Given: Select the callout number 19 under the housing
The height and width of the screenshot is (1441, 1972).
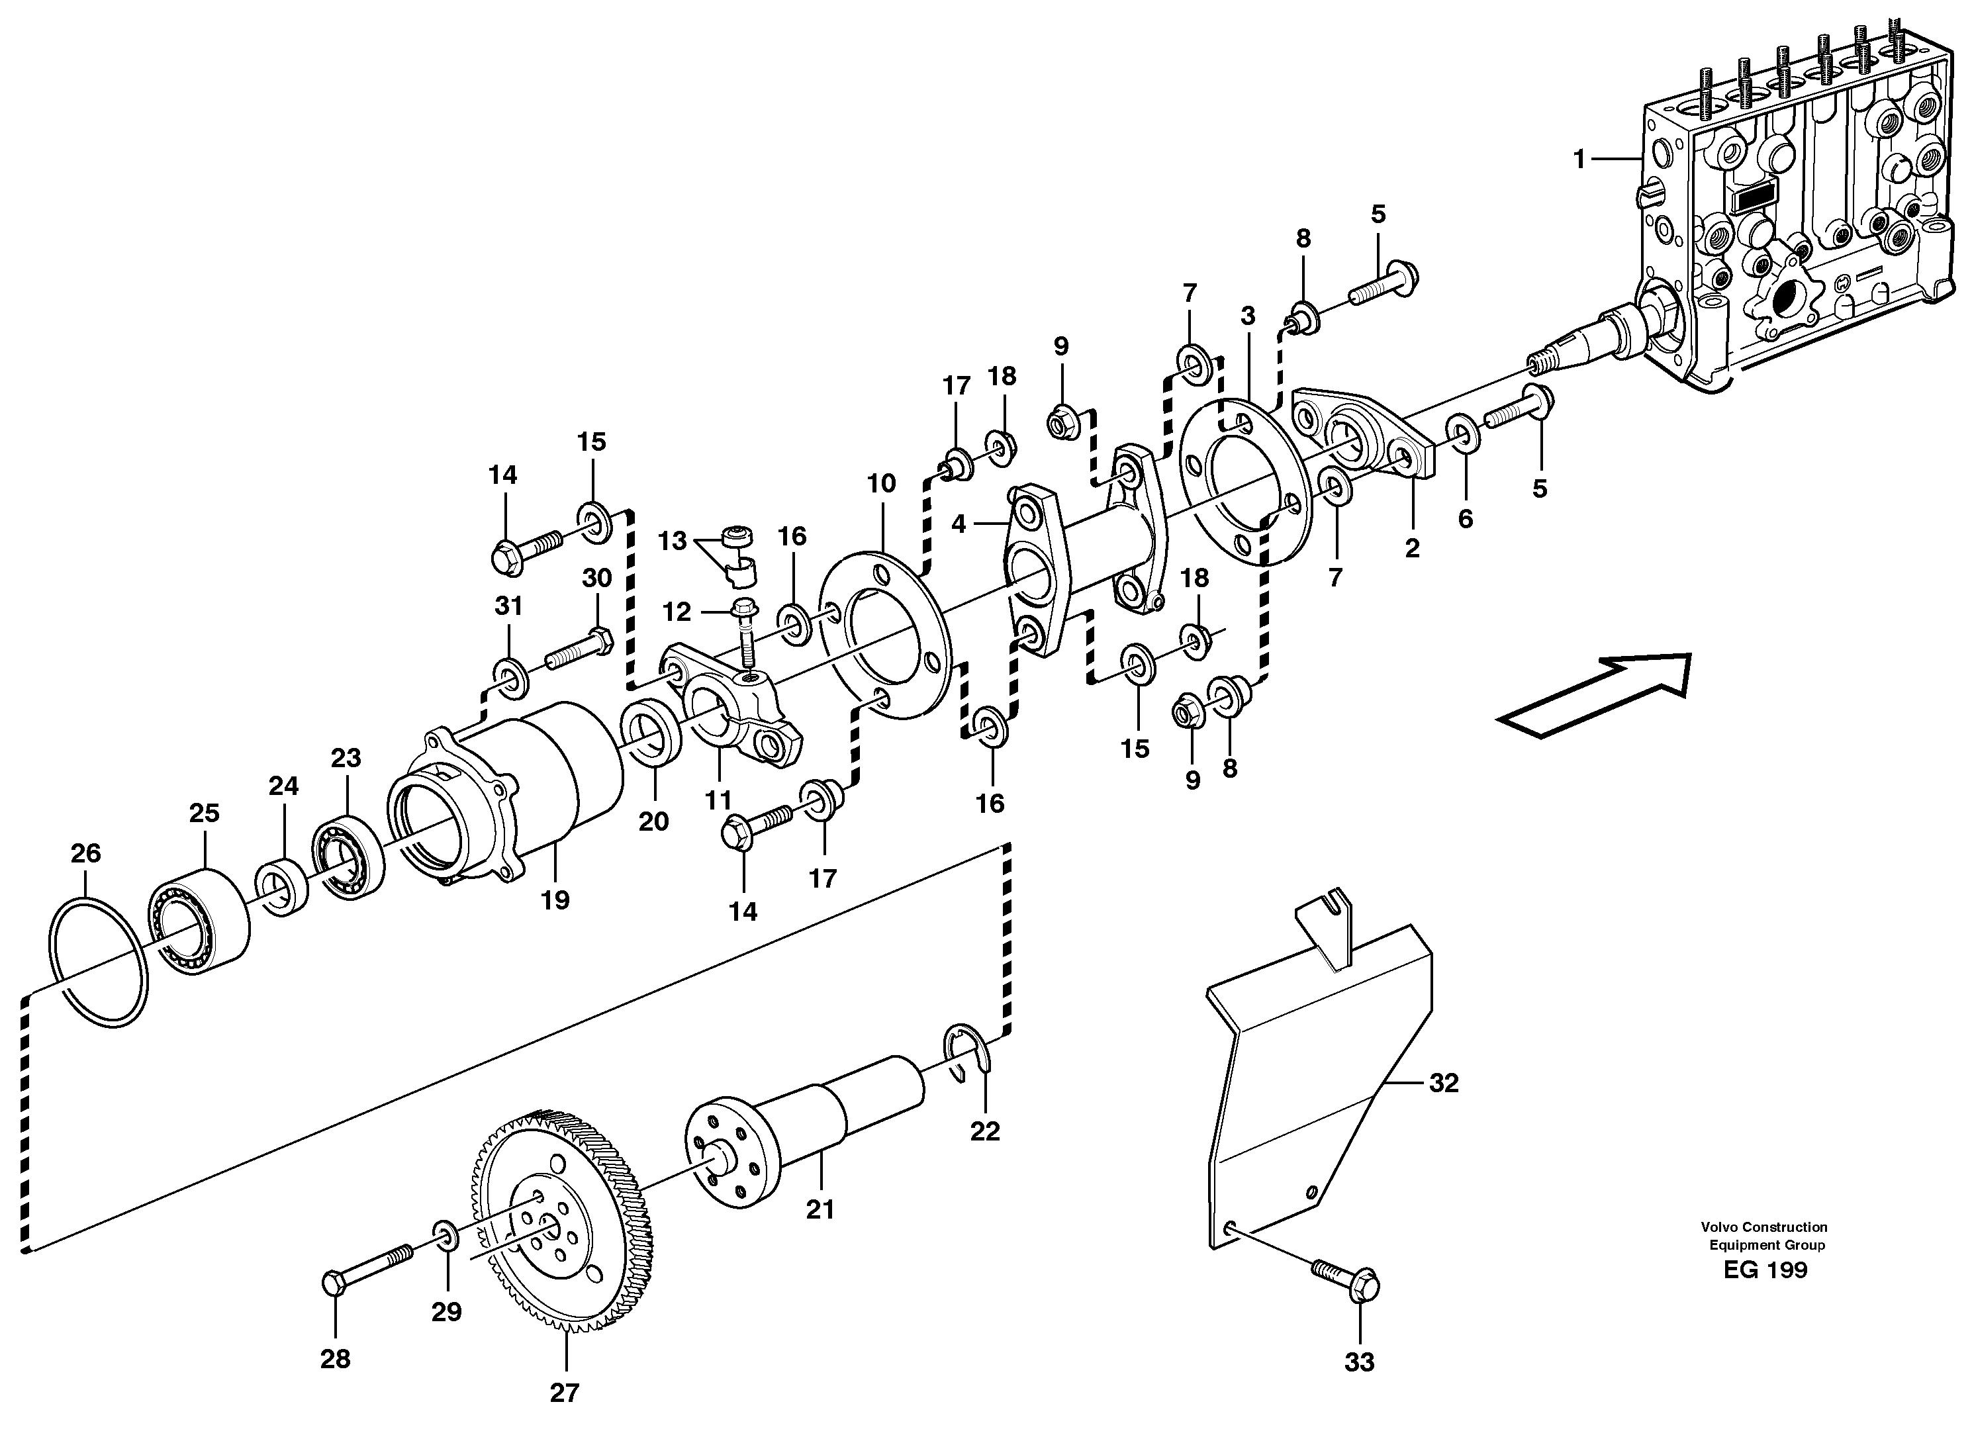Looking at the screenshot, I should pos(555,900).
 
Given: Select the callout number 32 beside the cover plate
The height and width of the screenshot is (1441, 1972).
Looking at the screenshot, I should pos(1444,1082).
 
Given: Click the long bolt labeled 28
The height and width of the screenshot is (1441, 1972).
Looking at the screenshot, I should pos(366,1269).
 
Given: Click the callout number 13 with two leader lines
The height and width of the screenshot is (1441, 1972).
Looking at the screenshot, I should pos(672,541).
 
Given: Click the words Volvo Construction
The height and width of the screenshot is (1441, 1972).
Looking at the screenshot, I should pos(1765,1227).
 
